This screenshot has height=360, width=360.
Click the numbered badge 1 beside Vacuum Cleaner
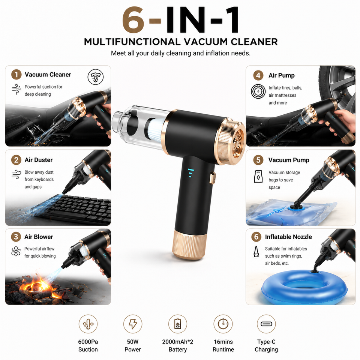click(16, 75)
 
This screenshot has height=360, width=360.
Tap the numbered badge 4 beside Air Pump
click(258, 75)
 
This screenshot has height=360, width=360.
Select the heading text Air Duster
click(39, 160)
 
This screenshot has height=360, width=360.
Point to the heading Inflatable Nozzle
click(288, 237)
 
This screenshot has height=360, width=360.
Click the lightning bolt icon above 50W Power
click(133, 324)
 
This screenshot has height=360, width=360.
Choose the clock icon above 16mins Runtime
click(223, 324)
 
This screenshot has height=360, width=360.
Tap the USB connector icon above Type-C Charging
click(266, 324)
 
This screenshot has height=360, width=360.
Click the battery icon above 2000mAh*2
click(178, 324)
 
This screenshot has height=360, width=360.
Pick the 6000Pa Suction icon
click(88, 324)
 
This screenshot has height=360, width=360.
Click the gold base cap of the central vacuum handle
click(189, 244)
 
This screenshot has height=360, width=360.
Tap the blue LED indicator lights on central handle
click(190, 173)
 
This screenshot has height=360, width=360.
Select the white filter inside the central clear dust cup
click(156, 130)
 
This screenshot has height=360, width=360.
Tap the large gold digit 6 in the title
click(133, 20)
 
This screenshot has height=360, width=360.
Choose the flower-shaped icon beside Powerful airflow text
click(16, 251)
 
